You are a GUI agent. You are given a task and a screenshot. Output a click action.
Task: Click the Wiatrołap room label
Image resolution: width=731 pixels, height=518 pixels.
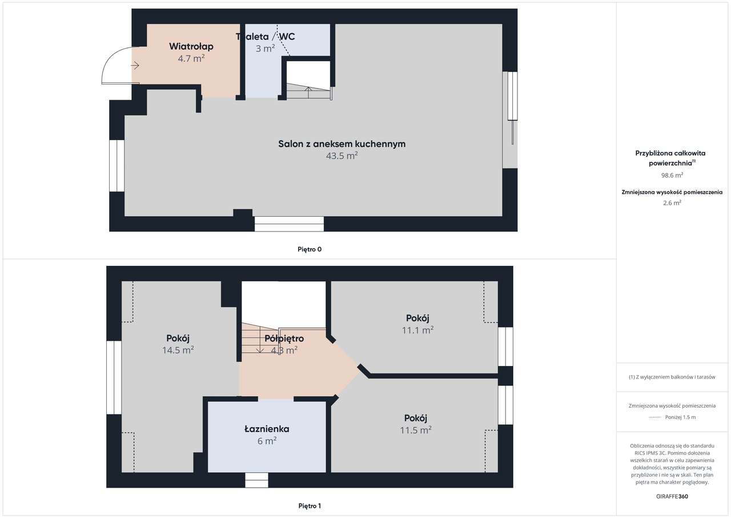[x=191, y=46]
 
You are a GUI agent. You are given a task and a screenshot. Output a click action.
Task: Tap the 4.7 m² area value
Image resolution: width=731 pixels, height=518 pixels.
[x=191, y=58]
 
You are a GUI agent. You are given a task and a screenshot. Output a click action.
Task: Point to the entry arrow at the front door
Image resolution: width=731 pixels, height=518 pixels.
[x=135, y=66]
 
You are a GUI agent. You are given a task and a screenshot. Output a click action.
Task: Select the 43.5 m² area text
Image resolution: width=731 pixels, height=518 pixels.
[x=342, y=156]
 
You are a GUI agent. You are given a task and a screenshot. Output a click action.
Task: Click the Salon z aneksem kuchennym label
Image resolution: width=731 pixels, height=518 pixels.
[x=342, y=144]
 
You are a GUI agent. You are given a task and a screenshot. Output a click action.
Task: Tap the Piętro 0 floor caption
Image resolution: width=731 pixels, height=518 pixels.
[x=310, y=249]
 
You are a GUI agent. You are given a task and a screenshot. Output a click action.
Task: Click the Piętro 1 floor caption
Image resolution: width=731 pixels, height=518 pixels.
[x=310, y=506]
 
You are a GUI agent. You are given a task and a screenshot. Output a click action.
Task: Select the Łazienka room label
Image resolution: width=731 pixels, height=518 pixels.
[x=267, y=429]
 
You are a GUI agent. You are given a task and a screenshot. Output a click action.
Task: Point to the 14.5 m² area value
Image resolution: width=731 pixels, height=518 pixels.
[x=178, y=350]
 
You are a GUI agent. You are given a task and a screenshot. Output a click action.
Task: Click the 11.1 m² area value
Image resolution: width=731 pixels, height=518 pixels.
[x=417, y=330]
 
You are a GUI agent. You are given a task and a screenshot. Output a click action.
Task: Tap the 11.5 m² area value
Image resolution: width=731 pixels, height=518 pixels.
[x=416, y=430]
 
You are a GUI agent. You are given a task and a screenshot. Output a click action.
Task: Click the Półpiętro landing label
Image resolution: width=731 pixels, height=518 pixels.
[x=284, y=338]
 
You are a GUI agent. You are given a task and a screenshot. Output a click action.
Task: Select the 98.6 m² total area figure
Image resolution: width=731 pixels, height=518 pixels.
[x=672, y=175]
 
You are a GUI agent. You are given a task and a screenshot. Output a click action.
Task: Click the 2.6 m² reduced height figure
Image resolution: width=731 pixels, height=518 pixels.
[x=672, y=203]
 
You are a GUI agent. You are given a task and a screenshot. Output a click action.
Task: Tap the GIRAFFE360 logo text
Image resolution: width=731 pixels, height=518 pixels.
[x=672, y=496]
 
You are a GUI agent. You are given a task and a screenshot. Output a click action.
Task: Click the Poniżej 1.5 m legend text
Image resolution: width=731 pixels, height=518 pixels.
[x=680, y=417]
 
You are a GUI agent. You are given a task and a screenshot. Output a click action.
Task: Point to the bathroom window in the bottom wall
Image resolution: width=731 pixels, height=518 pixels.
[x=256, y=480]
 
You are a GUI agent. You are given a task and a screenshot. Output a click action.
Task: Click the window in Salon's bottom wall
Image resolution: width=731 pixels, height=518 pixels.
[x=289, y=224]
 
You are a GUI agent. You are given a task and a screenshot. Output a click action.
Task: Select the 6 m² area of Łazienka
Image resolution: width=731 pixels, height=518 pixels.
[x=267, y=441]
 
